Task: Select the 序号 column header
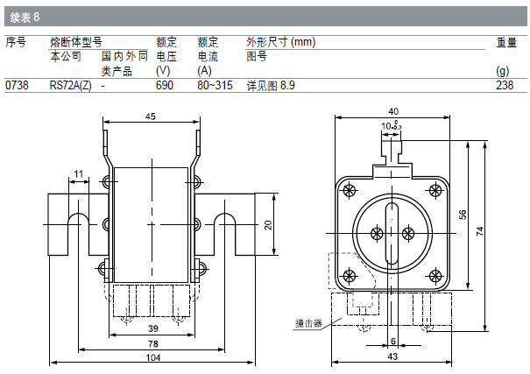point(16,41)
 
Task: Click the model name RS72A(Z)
point(70,86)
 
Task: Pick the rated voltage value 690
point(165,86)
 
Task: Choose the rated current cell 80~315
point(216,86)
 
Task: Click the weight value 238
point(505,86)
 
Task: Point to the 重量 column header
point(506,41)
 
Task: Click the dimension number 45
point(151,116)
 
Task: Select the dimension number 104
point(152,358)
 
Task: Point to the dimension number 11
point(79,174)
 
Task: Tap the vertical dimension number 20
point(269,224)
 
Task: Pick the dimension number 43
point(392,356)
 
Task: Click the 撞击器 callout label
point(308,323)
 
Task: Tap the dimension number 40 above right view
point(392,111)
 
